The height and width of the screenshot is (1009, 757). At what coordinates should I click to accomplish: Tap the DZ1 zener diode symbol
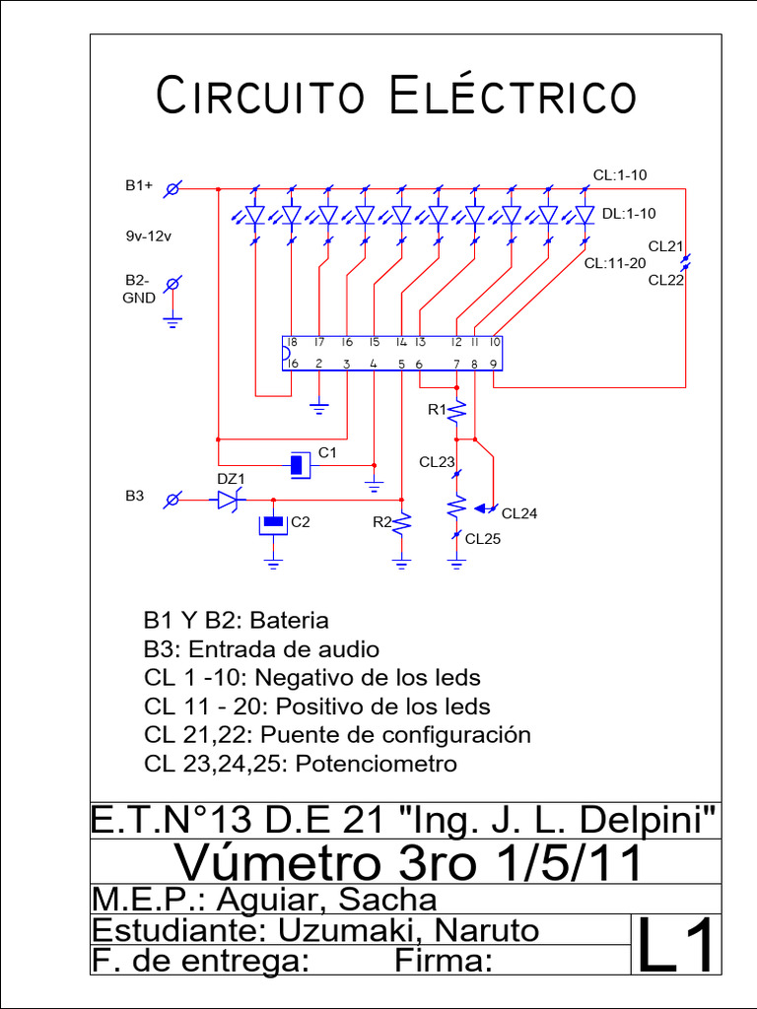[229, 500]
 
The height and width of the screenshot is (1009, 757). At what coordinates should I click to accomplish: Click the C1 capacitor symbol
[299, 463]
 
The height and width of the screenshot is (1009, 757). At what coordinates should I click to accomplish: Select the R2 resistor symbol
[402, 524]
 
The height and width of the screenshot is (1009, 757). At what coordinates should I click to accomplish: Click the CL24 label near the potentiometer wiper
[520, 513]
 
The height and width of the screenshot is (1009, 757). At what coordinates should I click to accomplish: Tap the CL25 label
[483, 539]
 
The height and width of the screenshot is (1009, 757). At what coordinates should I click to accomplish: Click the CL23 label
[437, 461]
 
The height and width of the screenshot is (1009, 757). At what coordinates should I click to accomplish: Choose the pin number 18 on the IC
[292, 343]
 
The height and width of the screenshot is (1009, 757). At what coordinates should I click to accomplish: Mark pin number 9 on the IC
[493, 365]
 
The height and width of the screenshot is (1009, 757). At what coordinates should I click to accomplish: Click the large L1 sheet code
[676, 945]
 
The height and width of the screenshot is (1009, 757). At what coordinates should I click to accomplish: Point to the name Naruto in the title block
[487, 930]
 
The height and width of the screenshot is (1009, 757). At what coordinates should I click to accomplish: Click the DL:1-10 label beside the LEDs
[629, 213]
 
